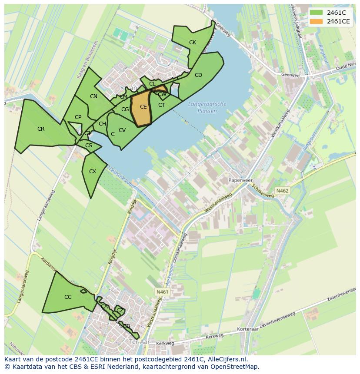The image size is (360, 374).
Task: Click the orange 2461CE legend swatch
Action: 317,21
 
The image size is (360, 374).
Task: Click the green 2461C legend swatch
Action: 317,13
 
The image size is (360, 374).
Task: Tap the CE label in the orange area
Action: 143,107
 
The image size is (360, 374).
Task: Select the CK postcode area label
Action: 193,43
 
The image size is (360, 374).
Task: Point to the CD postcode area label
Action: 198,75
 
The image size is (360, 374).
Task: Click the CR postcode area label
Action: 41,129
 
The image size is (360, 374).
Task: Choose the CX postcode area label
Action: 92,172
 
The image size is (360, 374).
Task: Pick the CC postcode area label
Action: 68,297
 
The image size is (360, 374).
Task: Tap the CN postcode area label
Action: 93,96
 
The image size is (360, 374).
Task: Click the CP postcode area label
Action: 78,117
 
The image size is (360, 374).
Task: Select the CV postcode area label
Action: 122,130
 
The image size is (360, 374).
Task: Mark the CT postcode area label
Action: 161,105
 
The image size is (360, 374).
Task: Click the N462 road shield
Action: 282,191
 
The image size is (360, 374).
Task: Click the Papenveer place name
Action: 240,179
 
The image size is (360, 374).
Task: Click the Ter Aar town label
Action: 139,343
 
